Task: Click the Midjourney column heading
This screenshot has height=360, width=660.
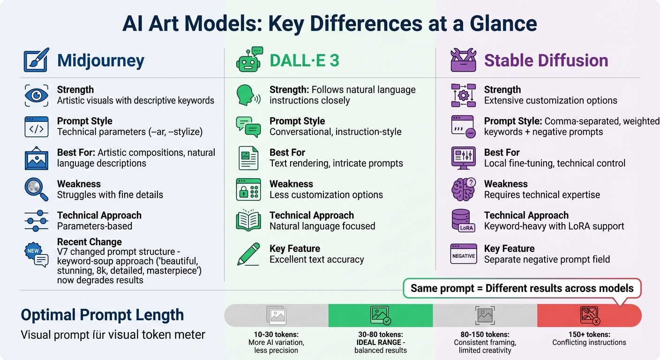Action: pyautogui.click(x=100, y=61)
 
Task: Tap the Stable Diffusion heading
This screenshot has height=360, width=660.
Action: pyautogui.click(x=546, y=61)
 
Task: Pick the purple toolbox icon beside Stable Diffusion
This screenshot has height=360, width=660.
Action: pyautogui.click(x=463, y=60)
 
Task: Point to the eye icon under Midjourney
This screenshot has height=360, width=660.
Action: pyautogui.click(x=37, y=96)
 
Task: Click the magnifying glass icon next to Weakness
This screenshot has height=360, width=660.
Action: pyautogui.click(x=37, y=189)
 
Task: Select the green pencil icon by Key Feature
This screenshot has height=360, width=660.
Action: pyautogui.click(x=248, y=254)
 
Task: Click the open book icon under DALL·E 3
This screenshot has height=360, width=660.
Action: pyautogui.click(x=248, y=221)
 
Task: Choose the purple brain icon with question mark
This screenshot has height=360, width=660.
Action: pyautogui.click(x=463, y=189)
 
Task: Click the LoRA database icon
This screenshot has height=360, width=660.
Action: pyautogui.click(x=463, y=221)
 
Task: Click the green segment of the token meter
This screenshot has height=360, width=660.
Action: pyautogui.click(x=380, y=315)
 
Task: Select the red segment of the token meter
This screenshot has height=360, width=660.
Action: pyautogui.click(x=589, y=315)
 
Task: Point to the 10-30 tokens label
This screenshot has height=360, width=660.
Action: pyautogui.click(x=276, y=335)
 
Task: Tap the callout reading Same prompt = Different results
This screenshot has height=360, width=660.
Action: pyautogui.click(x=522, y=288)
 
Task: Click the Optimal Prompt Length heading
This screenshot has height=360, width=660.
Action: pyautogui.click(x=102, y=315)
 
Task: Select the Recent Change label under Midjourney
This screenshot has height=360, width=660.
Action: pyautogui.click(x=89, y=242)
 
